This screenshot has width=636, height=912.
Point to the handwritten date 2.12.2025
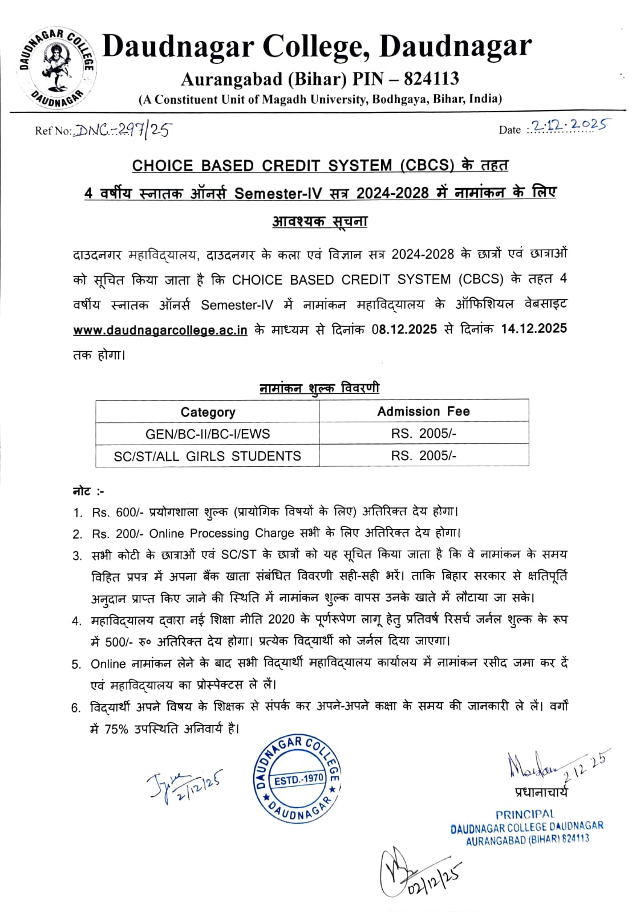click(568, 125)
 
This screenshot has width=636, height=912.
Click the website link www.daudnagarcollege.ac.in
click(160, 330)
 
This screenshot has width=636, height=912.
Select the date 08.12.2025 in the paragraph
click(404, 329)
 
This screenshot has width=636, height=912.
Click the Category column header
click(208, 412)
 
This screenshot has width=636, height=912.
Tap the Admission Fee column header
click(423, 412)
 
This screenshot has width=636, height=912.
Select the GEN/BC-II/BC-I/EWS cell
click(208, 434)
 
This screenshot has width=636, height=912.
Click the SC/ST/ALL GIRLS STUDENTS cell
click(208, 456)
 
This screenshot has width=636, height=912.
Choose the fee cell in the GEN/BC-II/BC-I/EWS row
click(423, 434)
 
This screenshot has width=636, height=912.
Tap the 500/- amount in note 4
click(119, 642)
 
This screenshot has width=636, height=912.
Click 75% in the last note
click(116, 729)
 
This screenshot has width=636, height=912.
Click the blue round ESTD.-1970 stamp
click(297, 778)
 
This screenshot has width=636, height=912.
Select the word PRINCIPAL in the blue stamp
click(525, 815)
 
